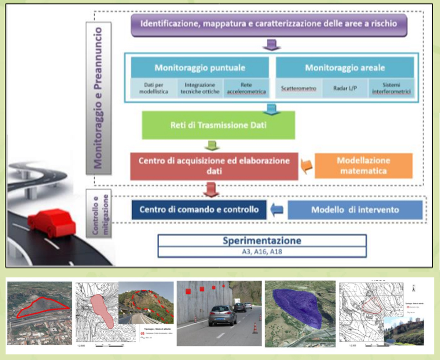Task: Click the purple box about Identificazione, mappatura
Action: pyautogui.click(x=269, y=25)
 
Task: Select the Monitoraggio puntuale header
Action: pyautogui.click(x=200, y=68)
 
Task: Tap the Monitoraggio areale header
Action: pyautogui.click(x=345, y=68)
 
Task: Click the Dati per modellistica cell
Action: pyautogui.click(x=154, y=88)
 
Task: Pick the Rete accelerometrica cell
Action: pyautogui.click(x=246, y=88)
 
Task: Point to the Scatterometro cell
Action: pyautogui.click(x=299, y=88)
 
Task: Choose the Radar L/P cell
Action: pyautogui.click(x=345, y=88)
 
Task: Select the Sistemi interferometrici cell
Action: pyautogui.click(x=391, y=88)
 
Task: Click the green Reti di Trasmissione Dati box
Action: pyautogui.click(x=218, y=125)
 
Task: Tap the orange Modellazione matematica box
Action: pyautogui.click(x=363, y=166)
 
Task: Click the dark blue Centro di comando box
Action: pyautogui.click(x=199, y=210)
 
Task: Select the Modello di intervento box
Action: pyautogui.click(x=355, y=210)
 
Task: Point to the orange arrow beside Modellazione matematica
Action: pyautogui.click(x=307, y=166)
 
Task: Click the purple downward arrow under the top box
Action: pyautogui.click(x=272, y=45)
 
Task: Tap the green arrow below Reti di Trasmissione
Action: pyautogui.click(x=212, y=145)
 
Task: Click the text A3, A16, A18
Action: pyautogui.click(x=262, y=252)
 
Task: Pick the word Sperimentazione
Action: pyautogui.click(x=262, y=241)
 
